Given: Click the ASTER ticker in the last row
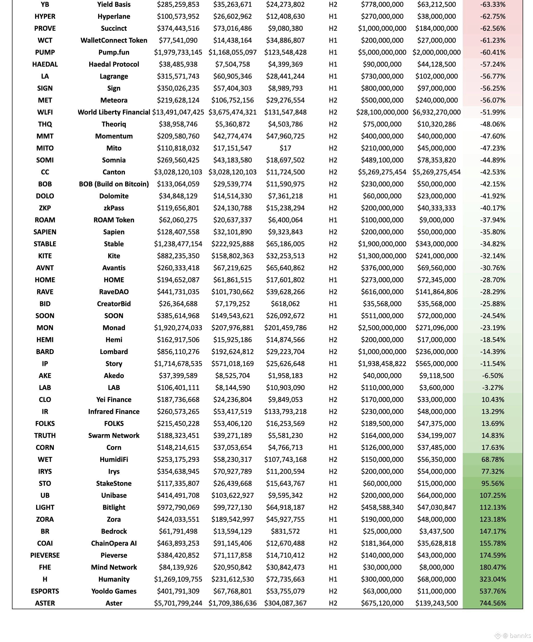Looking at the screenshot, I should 45,603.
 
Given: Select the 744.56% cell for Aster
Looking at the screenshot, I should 493,603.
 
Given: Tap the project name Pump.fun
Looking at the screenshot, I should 114,52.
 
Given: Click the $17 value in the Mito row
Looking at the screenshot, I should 285,148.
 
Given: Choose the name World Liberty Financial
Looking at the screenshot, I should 114,112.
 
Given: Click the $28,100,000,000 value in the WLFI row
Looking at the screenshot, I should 382,112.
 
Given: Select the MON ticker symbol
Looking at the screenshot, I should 45,328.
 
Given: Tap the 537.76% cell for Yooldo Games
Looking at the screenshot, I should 493,591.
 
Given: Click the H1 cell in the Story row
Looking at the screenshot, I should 333,363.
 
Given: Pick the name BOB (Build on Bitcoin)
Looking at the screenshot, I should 114,184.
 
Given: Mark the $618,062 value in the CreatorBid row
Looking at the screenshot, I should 285,304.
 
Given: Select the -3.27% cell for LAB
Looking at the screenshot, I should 493,388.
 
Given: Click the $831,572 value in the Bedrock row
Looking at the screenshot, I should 285,531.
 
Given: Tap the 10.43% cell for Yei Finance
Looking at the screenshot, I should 493,400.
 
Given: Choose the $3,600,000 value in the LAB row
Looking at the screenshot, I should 436,388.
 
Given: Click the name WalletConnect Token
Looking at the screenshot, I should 114,40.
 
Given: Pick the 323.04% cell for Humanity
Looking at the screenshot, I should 493,579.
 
